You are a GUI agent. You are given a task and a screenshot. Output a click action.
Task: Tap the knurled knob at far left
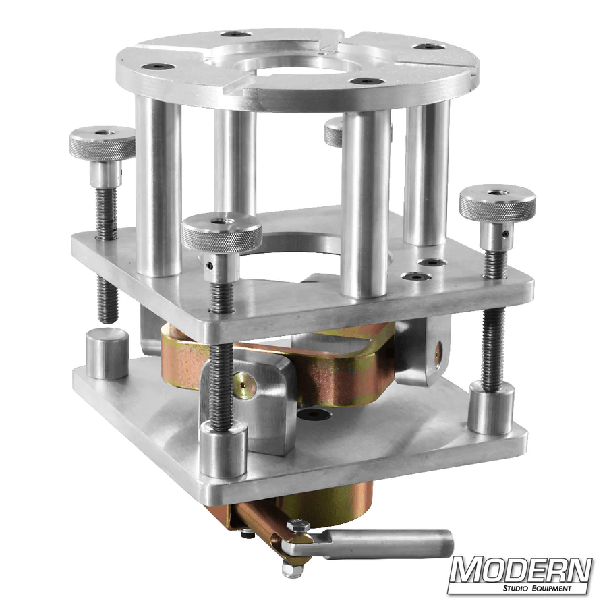[x=102, y=143]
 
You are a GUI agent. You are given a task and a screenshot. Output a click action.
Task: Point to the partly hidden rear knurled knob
[x=333, y=132]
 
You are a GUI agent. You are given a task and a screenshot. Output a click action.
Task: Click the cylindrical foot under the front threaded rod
[x=223, y=449]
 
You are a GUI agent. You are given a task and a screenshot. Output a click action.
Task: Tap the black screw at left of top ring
[x=159, y=67]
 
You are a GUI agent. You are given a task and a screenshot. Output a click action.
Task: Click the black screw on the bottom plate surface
[x=313, y=413]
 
